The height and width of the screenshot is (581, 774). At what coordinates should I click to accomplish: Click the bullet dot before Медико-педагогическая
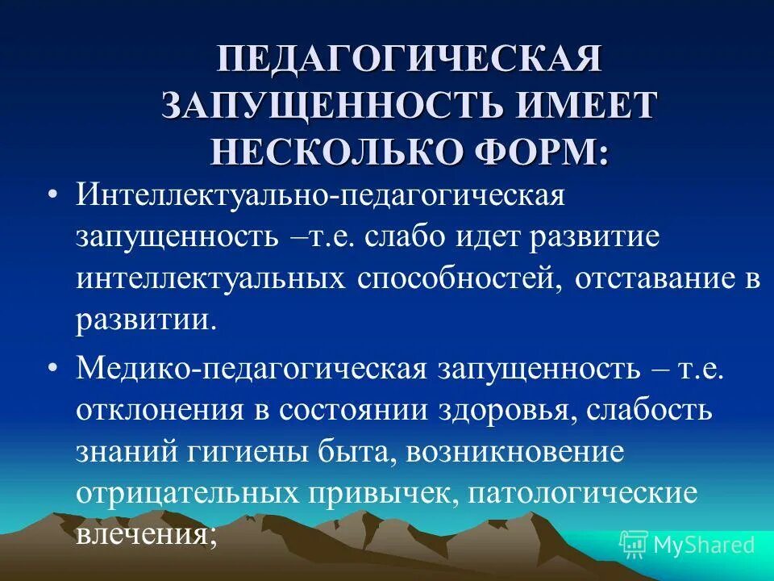pos(52,368)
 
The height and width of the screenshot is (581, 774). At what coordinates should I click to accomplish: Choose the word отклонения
pos(160,408)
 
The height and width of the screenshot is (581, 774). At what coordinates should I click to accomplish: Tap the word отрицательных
pos(186,492)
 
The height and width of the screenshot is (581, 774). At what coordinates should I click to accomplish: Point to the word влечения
pos(147,534)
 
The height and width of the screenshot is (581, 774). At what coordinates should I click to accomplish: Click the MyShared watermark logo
pos(687,545)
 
